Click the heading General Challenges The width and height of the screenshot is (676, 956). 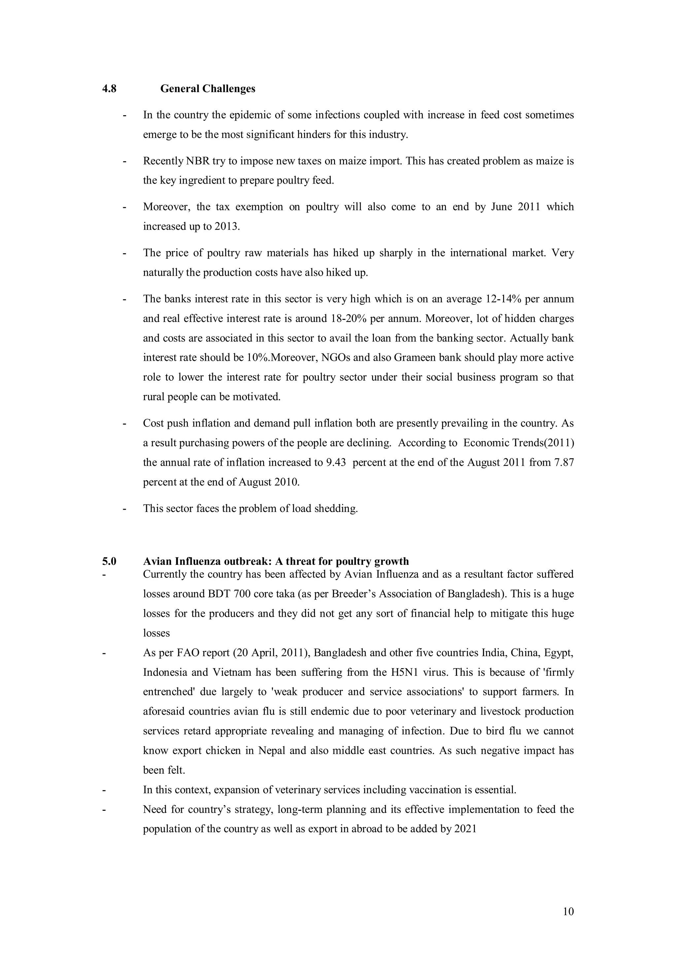[x=208, y=89]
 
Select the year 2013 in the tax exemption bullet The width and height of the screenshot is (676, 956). [x=226, y=226]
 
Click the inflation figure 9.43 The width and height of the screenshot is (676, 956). [x=336, y=462]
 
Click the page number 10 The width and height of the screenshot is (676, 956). [x=568, y=911]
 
